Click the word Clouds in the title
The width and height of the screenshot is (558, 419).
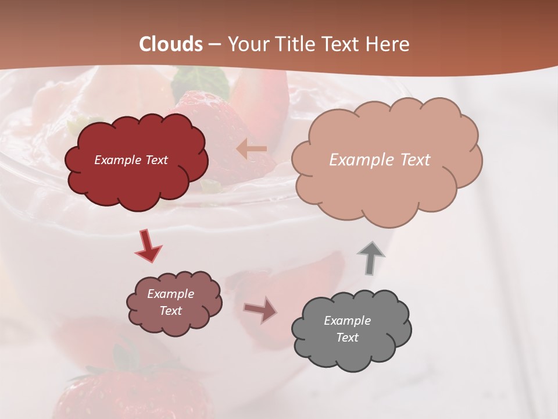[x=171, y=44]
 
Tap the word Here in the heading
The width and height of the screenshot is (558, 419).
[x=388, y=44]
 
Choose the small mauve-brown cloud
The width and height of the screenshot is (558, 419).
[x=174, y=326]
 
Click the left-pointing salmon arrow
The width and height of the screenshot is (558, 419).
[x=252, y=149]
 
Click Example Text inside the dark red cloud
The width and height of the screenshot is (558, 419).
[x=131, y=160]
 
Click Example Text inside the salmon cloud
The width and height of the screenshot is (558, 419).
[x=380, y=160]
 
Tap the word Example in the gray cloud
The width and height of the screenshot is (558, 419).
[x=347, y=321]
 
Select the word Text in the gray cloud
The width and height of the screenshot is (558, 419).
[x=347, y=338]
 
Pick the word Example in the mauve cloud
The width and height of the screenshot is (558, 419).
[x=170, y=294]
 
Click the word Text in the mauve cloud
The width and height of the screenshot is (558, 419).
[x=170, y=311]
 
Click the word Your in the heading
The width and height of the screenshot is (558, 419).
[x=248, y=44]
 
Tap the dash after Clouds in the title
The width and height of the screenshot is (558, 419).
[x=214, y=45]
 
